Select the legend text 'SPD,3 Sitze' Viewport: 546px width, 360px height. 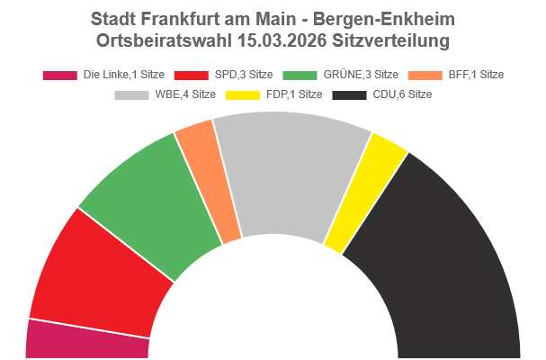point(244,75)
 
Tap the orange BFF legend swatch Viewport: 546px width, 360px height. point(421,75)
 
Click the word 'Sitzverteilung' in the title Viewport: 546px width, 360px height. point(390,40)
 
